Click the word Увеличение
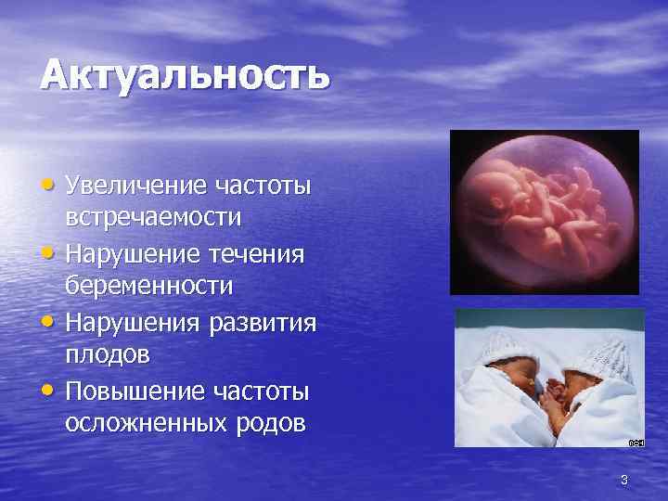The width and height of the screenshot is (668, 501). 136,186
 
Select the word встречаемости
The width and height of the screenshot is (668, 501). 154,218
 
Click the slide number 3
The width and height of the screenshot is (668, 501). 624,480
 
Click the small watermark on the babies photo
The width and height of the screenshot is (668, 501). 636,443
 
